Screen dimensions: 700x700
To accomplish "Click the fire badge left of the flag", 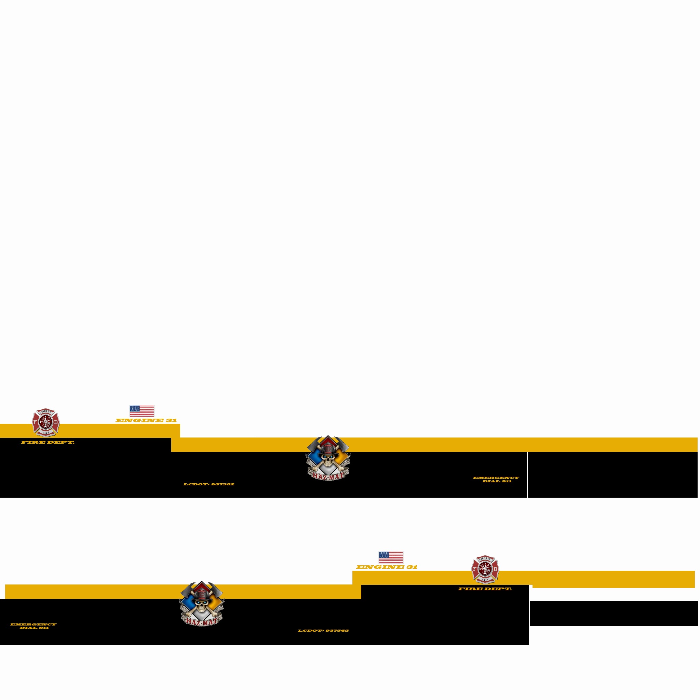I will pos(46,422).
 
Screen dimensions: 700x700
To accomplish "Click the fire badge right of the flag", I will pos(485,569).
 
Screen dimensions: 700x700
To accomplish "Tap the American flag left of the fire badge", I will pos(391,557).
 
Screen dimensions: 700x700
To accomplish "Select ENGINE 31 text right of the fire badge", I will pos(146,421).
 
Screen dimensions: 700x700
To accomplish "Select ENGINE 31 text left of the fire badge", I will pos(387,567).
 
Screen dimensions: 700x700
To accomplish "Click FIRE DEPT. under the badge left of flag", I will pos(48,442).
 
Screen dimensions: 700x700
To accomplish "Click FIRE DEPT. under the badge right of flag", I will pos(485,589).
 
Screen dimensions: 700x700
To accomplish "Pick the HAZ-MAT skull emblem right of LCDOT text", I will pos(328,458).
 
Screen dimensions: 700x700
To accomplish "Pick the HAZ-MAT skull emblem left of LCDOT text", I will pos(201,604).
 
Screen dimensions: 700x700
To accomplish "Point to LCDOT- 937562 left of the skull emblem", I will pos(209,484).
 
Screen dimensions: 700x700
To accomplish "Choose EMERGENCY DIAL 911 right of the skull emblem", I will pos(496,479).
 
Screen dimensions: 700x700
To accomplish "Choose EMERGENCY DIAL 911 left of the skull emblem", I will pos(33,626).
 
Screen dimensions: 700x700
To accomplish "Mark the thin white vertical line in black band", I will pos(527,475).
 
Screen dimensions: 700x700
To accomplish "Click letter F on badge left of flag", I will pos(35,422).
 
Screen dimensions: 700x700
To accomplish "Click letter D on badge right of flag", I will pos(495,569).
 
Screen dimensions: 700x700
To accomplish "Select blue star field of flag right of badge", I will pos(135,409).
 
